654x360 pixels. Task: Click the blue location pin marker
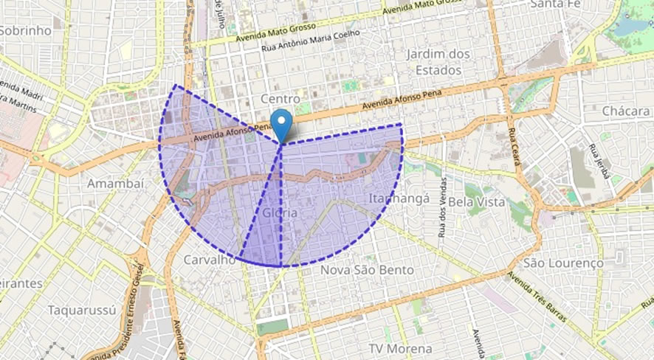(280, 123)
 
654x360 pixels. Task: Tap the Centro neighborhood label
(280, 99)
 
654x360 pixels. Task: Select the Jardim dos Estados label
(438, 62)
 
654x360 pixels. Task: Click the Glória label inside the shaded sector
(280, 212)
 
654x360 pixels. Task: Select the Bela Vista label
(477, 201)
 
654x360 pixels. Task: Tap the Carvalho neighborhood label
(209, 260)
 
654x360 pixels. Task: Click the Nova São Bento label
(366, 270)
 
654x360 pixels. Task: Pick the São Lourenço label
(562, 263)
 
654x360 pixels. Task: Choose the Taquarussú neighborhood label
(82, 310)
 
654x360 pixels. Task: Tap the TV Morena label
(403, 347)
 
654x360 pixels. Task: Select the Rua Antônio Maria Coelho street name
(311, 43)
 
